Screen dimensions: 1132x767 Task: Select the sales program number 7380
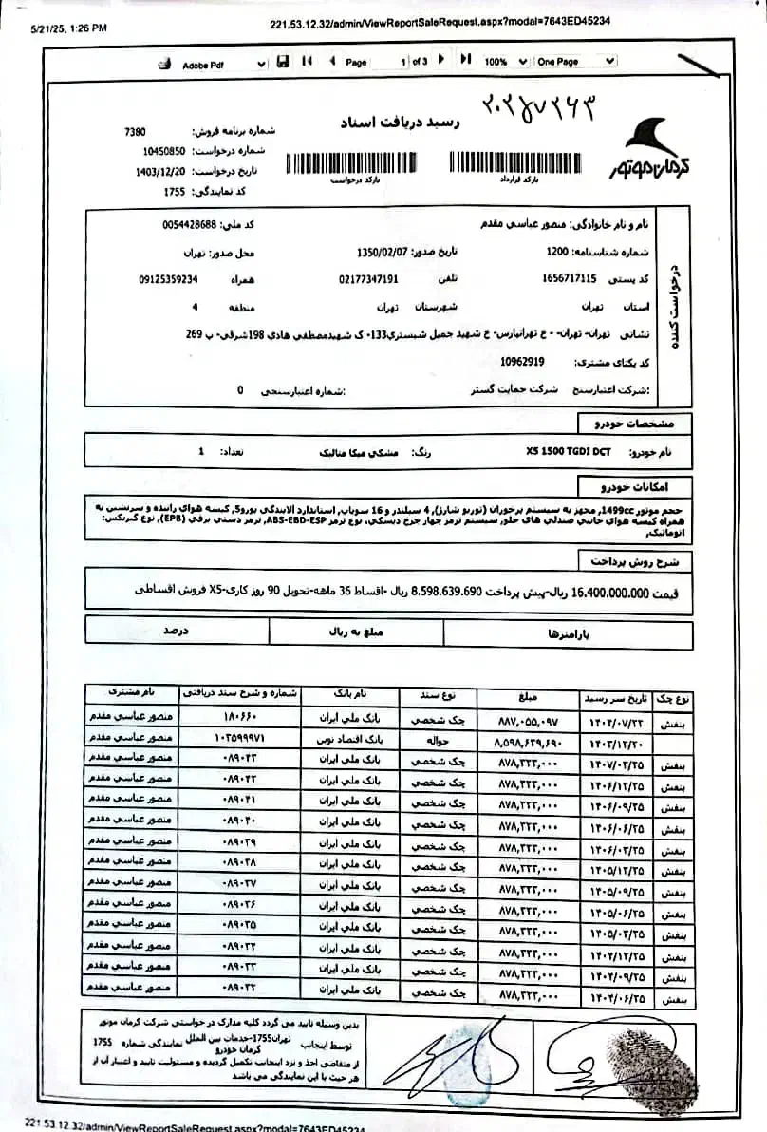coord(136,132)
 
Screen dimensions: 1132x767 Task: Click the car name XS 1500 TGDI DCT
coord(568,452)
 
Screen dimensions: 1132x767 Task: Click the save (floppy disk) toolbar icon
coord(282,62)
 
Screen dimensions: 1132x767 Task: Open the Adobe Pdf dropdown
coord(224,63)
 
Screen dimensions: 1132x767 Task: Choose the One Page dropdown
coord(574,62)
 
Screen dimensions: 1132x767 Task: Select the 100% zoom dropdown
coord(506,62)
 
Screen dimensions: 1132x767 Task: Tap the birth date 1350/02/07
coord(379,253)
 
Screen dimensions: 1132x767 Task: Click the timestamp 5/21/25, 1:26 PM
coord(68,29)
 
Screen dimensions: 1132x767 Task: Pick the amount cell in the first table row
coord(521,719)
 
